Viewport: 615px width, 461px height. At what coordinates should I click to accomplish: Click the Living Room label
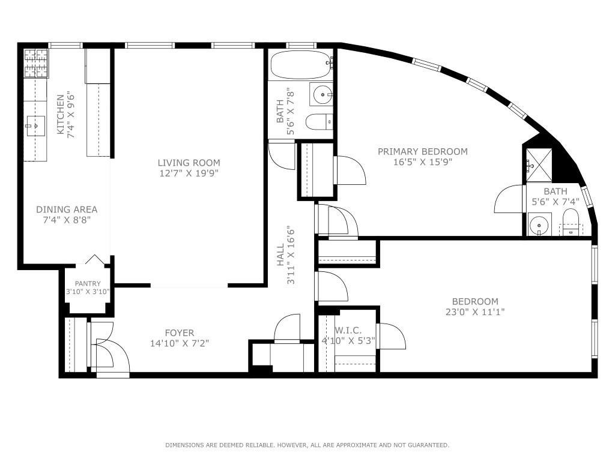(189, 163)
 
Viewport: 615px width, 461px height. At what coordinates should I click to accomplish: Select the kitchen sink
(35, 126)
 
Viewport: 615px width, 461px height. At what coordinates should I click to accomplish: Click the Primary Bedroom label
(422, 151)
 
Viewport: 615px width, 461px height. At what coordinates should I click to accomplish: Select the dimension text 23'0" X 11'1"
(475, 312)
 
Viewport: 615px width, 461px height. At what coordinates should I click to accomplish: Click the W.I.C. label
(348, 330)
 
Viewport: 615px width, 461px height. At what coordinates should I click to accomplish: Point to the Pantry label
(88, 284)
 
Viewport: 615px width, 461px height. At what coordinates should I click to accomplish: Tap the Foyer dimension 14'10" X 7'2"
(180, 344)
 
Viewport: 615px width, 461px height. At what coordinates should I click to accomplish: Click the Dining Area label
(67, 209)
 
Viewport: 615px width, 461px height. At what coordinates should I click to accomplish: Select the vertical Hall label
(280, 255)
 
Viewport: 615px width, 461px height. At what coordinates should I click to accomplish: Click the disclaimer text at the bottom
(307, 445)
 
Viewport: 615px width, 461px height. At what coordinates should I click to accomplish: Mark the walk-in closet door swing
(392, 336)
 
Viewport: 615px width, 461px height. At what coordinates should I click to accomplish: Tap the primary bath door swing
(509, 199)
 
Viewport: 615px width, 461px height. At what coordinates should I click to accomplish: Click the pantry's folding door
(93, 260)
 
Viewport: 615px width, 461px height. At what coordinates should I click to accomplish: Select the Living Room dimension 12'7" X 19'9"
(189, 173)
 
